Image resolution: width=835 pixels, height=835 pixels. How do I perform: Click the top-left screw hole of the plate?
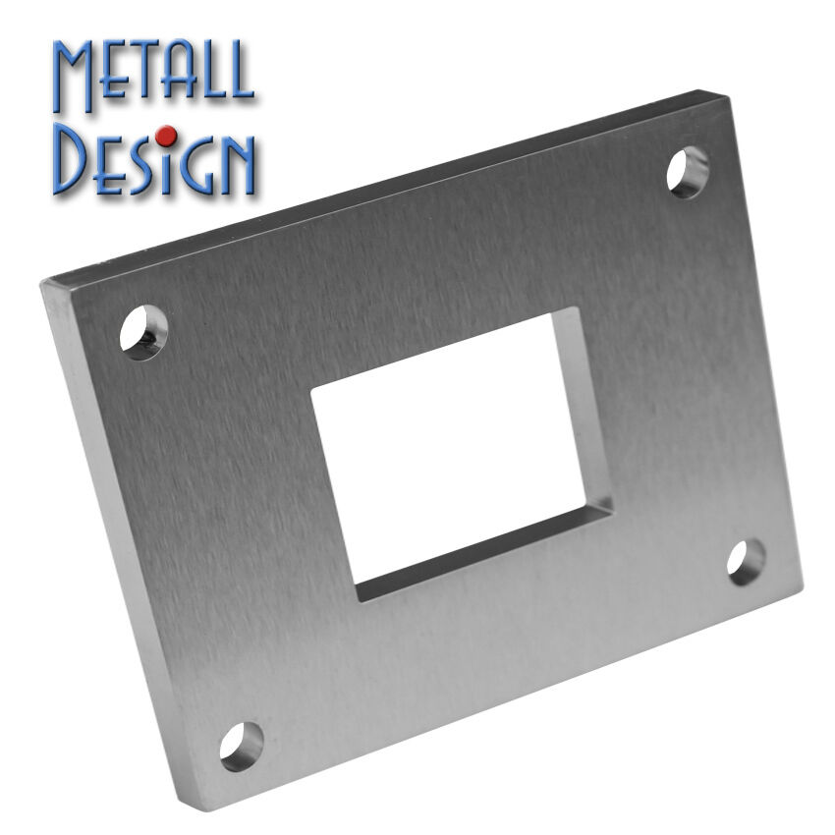(x=143, y=332)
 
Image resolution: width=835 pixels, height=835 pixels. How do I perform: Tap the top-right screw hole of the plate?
(x=688, y=173)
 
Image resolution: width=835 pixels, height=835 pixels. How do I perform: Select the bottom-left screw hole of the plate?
(x=242, y=746)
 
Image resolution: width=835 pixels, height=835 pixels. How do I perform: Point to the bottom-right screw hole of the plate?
(x=746, y=562)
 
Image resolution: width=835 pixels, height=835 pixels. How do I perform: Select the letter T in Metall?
(x=146, y=71)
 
